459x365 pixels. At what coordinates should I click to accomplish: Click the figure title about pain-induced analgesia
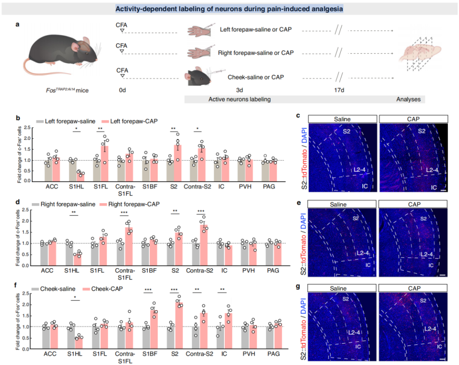(229, 8)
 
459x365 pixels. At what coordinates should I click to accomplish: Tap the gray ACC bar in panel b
(48, 170)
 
